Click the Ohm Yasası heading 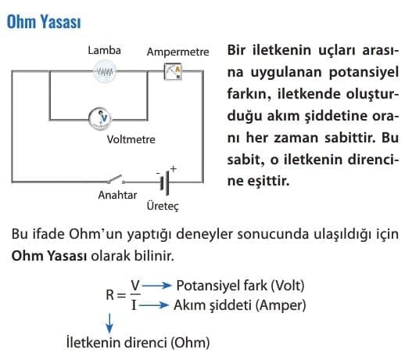(x=44, y=22)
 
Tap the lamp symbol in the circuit (x=105, y=71)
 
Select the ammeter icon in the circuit (x=173, y=71)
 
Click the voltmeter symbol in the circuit (x=100, y=119)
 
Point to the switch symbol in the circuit (x=116, y=179)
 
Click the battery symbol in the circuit (x=165, y=182)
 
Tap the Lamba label (x=104, y=51)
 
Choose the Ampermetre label (x=177, y=52)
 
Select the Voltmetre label (x=131, y=139)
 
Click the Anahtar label (x=117, y=195)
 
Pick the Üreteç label (x=163, y=206)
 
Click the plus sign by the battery (x=173, y=169)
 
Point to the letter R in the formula (x=110, y=295)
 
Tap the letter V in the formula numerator (x=135, y=285)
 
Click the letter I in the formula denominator (x=134, y=304)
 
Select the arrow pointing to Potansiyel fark (x=156, y=286)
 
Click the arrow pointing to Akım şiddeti (x=153, y=304)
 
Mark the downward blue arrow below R (x=109, y=323)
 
